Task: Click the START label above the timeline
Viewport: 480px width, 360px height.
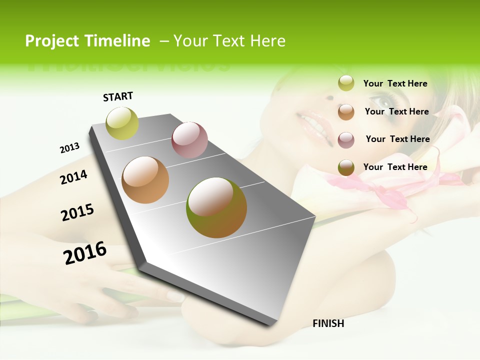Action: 118,96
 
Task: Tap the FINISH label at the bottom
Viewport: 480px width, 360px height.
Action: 328,323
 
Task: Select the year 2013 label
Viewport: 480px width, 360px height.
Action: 69,148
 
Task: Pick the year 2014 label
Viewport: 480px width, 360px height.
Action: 73,177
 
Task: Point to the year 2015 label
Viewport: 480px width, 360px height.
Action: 77,212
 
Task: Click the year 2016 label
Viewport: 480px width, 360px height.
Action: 85,252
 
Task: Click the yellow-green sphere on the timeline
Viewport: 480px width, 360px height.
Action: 122,123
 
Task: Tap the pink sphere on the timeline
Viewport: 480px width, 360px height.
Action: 189,139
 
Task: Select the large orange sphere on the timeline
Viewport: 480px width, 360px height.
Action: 145,180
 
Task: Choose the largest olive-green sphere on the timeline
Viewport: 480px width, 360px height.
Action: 216,207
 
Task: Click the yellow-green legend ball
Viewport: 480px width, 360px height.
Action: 346,83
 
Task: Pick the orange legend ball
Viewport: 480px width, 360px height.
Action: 346,112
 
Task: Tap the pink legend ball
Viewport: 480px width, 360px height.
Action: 346,140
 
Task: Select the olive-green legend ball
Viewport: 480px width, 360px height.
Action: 346,167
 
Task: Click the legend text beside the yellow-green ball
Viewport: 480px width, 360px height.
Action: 395,83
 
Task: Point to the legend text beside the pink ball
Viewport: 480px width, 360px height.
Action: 397,139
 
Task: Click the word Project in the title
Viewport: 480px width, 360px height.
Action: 52,41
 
